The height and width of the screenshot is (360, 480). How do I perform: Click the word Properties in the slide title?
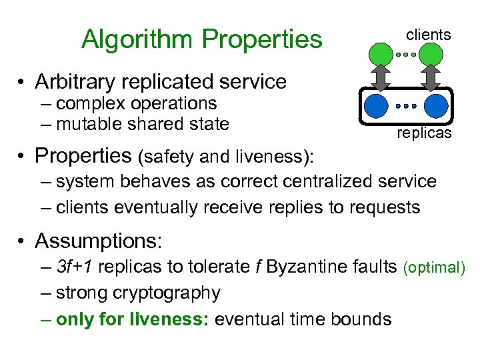[x=263, y=40]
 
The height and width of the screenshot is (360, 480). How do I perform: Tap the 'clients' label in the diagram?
[x=429, y=34]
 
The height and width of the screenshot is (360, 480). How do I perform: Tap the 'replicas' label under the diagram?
[x=424, y=133]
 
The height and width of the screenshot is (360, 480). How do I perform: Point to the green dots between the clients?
[x=406, y=55]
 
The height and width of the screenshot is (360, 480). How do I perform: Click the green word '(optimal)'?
[x=433, y=268]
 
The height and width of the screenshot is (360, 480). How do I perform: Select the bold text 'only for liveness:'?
[x=132, y=319]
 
